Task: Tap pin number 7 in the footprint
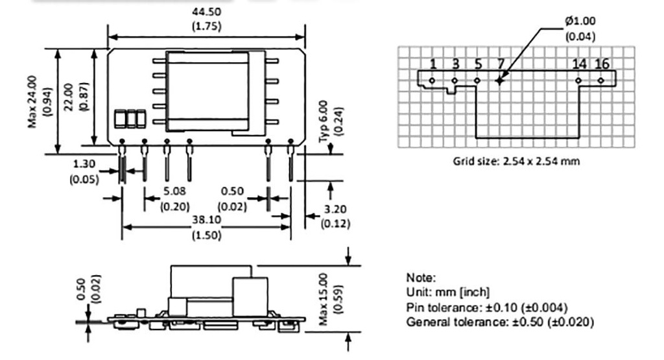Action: point(500,64)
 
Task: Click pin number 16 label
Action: point(601,64)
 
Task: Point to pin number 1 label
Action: point(433,64)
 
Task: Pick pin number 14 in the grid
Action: point(579,64)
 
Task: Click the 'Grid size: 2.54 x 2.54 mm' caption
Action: point(516,161)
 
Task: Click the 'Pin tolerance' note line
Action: point(487,307)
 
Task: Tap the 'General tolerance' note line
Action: point(499,322)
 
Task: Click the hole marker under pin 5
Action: point(477,80)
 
